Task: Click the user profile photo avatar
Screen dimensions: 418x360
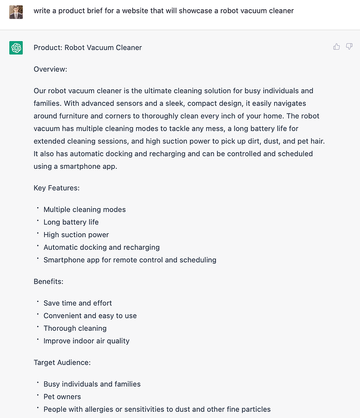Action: (16, 12)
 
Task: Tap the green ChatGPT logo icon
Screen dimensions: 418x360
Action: (16, 48)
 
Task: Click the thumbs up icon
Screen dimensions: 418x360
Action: (336, 47)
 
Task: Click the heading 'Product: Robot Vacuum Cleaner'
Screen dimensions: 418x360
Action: (87, 48)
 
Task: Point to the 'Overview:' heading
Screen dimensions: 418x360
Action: (50, 69)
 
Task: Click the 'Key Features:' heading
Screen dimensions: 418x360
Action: (57, 188)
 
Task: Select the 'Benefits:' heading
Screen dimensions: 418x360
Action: (48, 282)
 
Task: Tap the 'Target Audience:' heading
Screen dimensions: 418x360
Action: (62, 362)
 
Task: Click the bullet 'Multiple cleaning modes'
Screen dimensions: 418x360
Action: (84, 210)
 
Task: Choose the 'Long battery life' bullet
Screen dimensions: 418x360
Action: (71, 222)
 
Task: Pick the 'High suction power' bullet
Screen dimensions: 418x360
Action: (76, 235)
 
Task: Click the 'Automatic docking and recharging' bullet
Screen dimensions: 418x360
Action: (101, 247)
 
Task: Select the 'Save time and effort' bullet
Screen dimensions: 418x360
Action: (78, 303)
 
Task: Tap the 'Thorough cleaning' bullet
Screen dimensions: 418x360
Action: (75, 329)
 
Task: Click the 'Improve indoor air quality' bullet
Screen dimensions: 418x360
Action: (86, 341)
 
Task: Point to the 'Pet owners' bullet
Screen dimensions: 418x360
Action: (62, 397)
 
